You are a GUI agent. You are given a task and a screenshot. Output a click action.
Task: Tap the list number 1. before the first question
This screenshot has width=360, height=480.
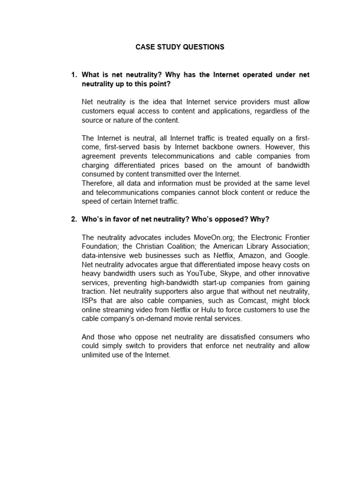pyautogui.click(x=74, y=75)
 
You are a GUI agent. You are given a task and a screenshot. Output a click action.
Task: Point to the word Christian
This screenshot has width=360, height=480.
pyautogui.click(x=155, y=247)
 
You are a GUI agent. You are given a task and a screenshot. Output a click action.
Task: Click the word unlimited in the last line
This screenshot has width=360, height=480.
pyautogui.click(x=97, y=355)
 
